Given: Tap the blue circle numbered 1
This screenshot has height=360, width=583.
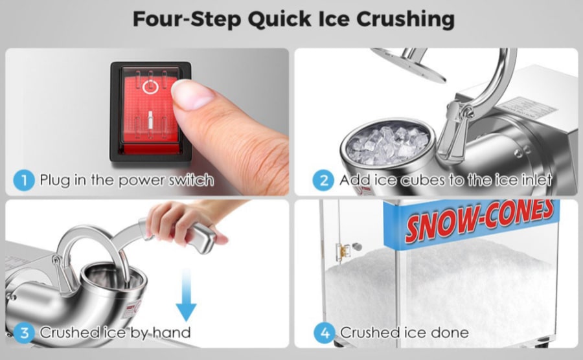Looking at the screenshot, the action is tap(24, 180).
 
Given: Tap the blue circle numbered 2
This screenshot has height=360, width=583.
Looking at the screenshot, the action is tap(323, 180).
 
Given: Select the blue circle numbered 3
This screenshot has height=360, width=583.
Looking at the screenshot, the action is tap(24, 333).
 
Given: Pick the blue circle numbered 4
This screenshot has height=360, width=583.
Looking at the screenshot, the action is tap(325, 333).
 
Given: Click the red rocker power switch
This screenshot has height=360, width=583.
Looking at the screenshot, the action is tap(150, 111).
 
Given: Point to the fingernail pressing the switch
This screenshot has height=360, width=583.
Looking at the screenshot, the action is tap(192, 95).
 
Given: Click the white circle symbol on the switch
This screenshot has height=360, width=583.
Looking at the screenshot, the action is tap(150, 87).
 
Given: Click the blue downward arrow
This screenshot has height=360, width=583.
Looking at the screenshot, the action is tap(186, 294).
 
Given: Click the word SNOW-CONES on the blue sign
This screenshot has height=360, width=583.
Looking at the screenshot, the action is tap(479, 220).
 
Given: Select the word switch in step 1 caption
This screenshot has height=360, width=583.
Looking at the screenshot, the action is tap(191, 180).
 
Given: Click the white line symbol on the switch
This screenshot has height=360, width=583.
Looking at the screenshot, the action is tap(150, 120).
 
